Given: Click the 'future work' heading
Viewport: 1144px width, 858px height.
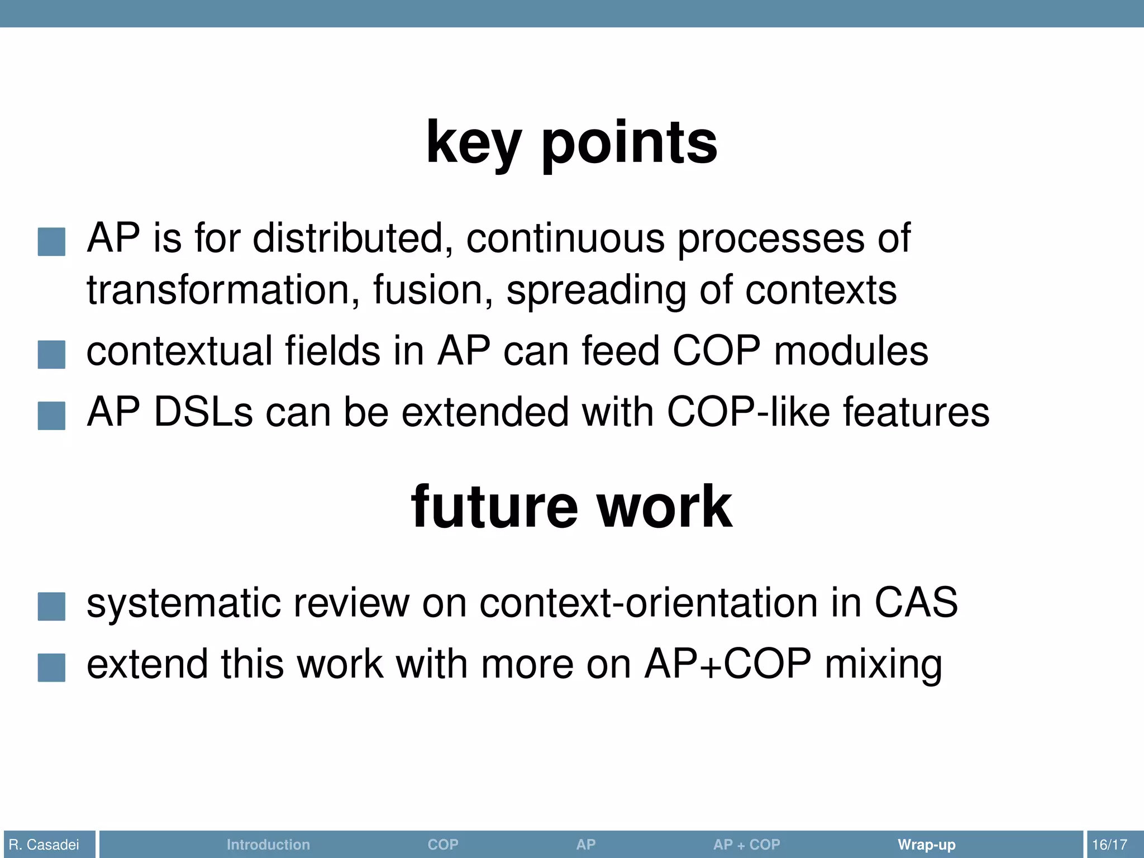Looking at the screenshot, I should tap(571, 507).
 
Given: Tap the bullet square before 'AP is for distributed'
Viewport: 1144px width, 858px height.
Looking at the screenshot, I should tap(51, 242).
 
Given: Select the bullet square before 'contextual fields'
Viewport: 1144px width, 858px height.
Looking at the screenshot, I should tap(51, 355).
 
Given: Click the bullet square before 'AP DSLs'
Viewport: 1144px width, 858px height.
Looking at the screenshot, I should tap(51, 416).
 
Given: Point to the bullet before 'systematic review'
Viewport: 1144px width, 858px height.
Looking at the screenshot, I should tap(51, 607).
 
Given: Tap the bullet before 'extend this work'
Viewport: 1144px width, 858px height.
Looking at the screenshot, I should tap(51, 668).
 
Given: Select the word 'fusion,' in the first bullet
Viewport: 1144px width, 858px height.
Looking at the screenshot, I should tap(433, 290).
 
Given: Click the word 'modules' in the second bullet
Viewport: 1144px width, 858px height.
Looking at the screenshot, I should tap(851, 351).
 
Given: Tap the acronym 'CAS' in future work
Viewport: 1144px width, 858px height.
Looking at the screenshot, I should tap(916, 603).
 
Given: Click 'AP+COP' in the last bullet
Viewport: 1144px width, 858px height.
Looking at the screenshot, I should tap(727, 664).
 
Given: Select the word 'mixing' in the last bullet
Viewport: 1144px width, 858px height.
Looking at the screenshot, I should tap(884, 665).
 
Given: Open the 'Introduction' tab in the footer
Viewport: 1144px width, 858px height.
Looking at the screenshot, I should tap(268, 845).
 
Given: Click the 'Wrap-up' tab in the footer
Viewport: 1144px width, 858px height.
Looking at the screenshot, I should tap(926, 845).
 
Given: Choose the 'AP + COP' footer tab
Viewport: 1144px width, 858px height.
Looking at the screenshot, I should tap(746, 845).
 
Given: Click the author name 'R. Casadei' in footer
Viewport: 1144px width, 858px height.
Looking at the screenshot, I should tap(44, 845).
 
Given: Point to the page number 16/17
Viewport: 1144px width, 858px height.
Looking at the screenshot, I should tap(1109, 845).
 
